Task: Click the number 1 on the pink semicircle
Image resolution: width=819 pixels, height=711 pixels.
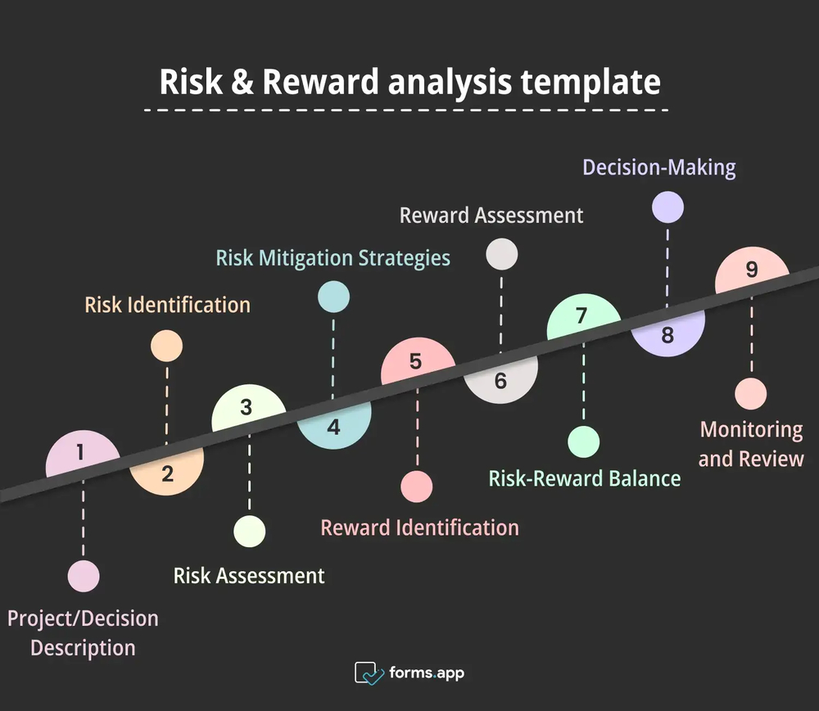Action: tap(79, 452)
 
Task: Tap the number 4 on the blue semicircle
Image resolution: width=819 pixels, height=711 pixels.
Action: tap(333, 428)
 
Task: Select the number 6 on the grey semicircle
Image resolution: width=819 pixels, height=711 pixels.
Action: tap(500, 381)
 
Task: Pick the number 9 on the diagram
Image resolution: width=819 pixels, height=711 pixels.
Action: tap(752, 270)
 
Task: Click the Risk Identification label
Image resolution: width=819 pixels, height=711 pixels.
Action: tap(167, 306)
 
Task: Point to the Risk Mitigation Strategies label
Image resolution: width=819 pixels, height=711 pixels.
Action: tap(333, 258)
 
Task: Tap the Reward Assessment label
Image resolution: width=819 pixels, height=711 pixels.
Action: tap(491, 215)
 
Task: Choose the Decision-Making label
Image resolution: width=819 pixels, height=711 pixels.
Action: tap(659, 168)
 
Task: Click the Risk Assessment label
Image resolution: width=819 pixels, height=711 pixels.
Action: tap(249, 576)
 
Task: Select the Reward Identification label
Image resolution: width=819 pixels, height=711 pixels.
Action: tap(419, 528)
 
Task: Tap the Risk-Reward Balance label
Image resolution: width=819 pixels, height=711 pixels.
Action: tap(585, 478)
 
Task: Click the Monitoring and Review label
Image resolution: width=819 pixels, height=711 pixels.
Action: tap(751, 444)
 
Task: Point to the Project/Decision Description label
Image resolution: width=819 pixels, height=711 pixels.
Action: tap(83, 632)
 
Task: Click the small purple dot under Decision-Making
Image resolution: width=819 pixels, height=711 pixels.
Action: tap(667, 207)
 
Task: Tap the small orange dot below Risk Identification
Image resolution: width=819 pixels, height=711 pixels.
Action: tap(167, 346)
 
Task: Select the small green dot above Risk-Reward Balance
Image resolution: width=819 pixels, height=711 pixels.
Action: tap(584, 442)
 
